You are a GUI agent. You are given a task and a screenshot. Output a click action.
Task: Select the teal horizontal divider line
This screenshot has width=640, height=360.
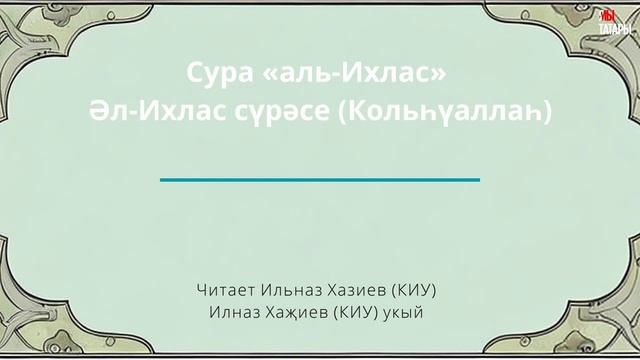320,179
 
